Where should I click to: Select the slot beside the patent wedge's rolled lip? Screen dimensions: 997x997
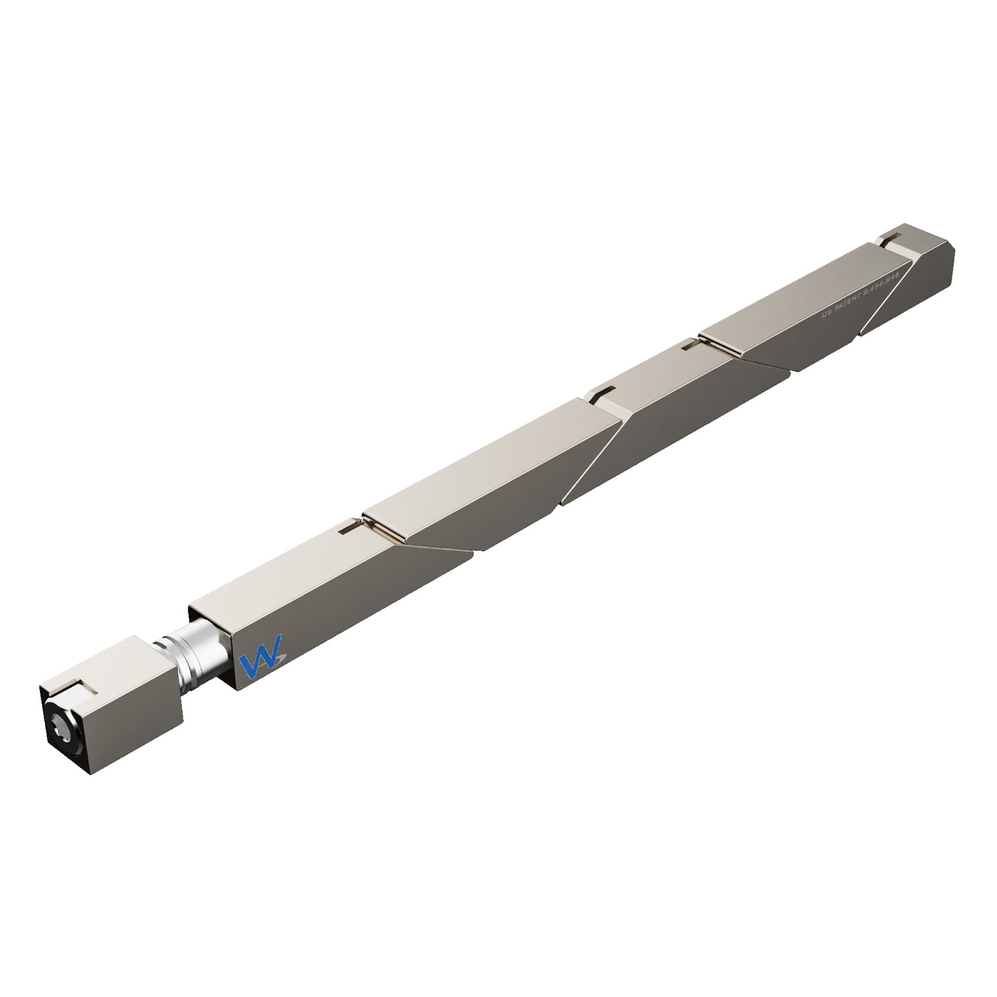click(691, 346)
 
